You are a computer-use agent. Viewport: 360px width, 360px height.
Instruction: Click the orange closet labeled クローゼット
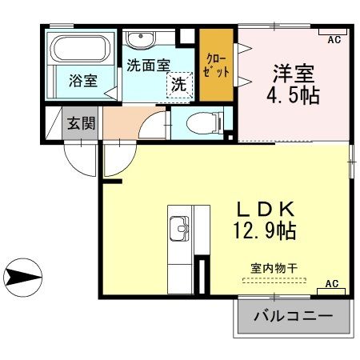click(x=217, y=65)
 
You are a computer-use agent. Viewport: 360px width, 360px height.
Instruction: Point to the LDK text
click(x=266, y=210)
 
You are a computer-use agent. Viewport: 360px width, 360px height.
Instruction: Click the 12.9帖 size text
click(x=266, y=234)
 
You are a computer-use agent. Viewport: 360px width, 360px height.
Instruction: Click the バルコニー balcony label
click(x=293, y=316)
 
